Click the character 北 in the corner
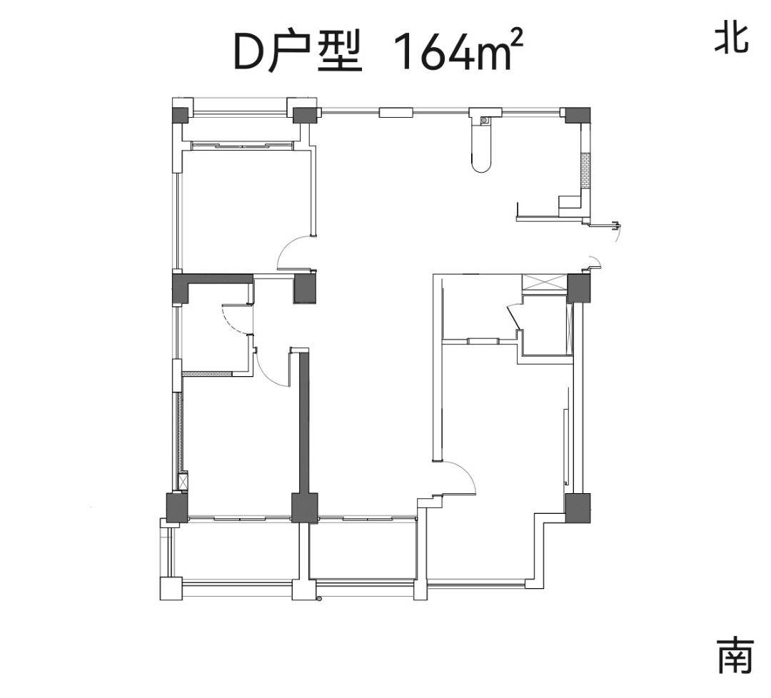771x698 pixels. tap(732, 39)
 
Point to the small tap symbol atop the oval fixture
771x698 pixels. tap(484, 119)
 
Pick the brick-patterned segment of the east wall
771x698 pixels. tap(585, 171)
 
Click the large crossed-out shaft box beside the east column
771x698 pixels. tap(544, 283)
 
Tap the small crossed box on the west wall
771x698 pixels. tap(183, 481)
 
